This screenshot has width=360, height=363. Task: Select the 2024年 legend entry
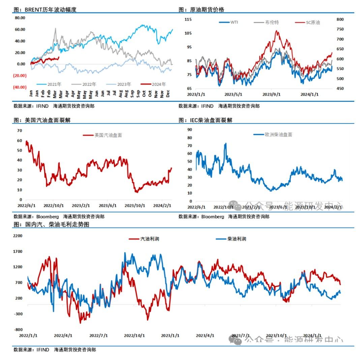pyautogui.click(x=158, y=84)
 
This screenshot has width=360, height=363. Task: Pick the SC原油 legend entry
pyautogui.click(x=312, y=23)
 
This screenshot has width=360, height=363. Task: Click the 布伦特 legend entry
pyautogui.click(x=272, y=23)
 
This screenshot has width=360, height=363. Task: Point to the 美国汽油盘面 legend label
pyautogui.click(x=108, y=135)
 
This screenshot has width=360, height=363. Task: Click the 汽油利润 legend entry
pyautogui.click(x=149, y=239)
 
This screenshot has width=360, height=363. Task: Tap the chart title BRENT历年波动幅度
pyautogui.click(x=51, y=10)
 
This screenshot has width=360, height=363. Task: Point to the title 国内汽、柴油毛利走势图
pyautogui.click(x=57, y=224)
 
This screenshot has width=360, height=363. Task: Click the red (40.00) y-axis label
pyautogui.click(x=20, y=87)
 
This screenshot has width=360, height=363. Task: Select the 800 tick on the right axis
pyautogui.click(x=340, y=20)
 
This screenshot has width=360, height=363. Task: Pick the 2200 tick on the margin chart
pyautogui.click(x=18, y=236)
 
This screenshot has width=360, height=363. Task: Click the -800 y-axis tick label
pyautogui.click(x=18, y=330)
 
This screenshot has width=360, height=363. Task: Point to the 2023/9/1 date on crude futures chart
pyautogui.click(x=272, y=95)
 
